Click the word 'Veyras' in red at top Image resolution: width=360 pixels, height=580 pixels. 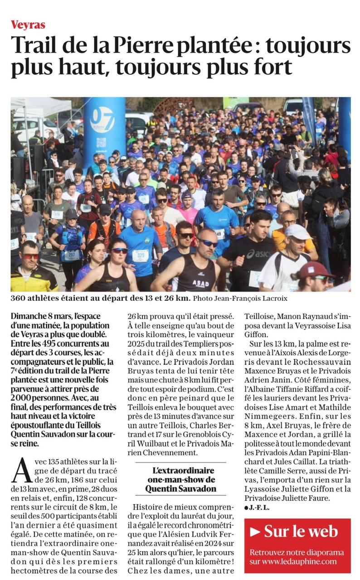[28, 25]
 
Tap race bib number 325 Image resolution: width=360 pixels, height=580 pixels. [141, 256]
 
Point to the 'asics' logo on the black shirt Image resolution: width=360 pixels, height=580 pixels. [257, 254]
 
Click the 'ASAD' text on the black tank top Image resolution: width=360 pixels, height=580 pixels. [201, 271]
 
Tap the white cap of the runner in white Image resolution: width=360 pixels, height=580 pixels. [297, 232]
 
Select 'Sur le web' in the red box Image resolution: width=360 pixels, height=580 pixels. [301, 531]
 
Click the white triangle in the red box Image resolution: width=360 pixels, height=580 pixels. [255, 531]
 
